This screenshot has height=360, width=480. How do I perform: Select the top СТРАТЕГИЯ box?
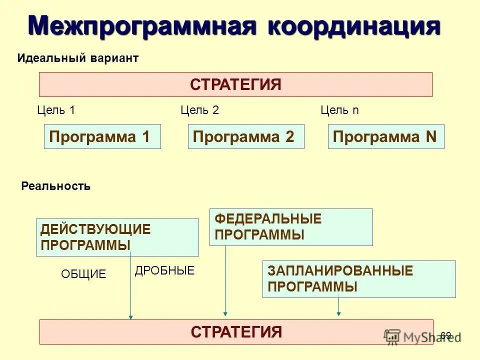(x=235, y=84)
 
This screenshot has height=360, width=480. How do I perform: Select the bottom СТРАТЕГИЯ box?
(x=236, y=332)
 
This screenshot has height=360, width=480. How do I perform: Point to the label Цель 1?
(x=56, y=110)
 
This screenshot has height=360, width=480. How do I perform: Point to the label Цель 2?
(x=199, y=110)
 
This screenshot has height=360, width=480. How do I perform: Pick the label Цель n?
(x=339, y=110)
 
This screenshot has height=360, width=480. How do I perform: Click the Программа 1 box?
(x=102, y=136)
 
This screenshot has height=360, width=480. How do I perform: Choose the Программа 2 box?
(x=246, y=136)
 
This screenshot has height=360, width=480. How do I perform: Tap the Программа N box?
(x=386, y=136)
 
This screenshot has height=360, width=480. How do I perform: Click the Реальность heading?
(x=56, y=186)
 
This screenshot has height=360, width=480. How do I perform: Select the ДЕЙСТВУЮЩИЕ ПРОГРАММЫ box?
(x=117, y=237)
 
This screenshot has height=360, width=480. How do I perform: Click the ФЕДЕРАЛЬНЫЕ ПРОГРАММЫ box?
(x=291, y=227)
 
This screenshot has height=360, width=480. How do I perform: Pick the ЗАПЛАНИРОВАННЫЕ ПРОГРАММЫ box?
(x=359, y=279)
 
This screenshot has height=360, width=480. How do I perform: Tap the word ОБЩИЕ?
(x=83, y=274)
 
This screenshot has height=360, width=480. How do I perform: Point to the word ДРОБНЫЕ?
(x=164, y=271)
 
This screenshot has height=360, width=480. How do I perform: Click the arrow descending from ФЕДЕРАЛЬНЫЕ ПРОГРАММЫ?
(x=225, y=280)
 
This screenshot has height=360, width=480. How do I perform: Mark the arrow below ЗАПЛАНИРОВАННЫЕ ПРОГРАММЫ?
(x=338, y=306)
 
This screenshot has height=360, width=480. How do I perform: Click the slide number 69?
(x=446, y=335)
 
